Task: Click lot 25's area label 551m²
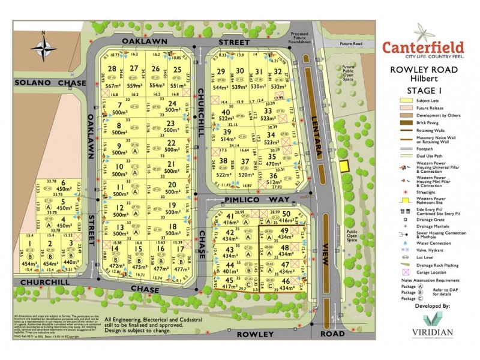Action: click(177, 86)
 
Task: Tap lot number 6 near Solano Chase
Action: click(63, 182)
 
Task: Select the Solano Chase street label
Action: click(36, 83)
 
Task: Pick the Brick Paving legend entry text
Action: click(428, 122)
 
